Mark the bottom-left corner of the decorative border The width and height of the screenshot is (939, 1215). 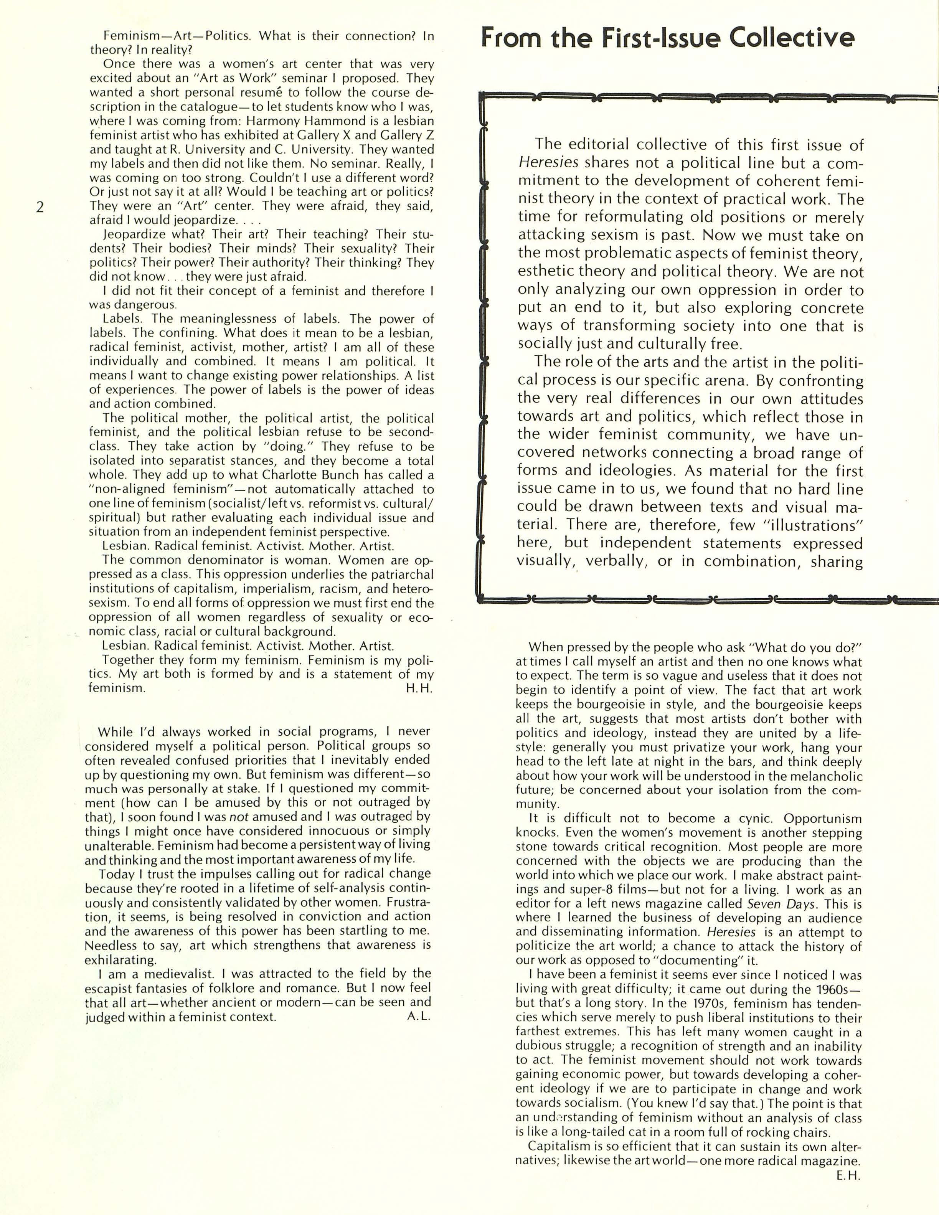[x=480, y=599]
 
